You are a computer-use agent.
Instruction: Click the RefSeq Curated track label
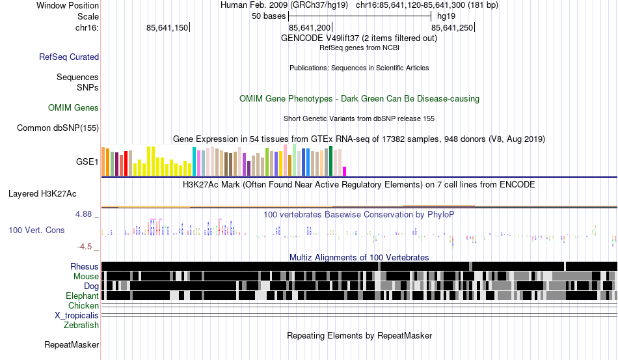(69, 57)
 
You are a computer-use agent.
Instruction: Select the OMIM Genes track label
(74, 108)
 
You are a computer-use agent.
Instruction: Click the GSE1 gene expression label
(88, 161)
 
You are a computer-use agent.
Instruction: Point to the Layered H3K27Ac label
(42, 194)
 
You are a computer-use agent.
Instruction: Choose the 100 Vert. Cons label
(36, 230)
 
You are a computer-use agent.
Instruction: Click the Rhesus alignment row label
(85, 267)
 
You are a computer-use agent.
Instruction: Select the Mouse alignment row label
(86, 277)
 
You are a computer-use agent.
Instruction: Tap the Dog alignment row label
(91, 286)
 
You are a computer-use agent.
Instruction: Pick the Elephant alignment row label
(82, 296)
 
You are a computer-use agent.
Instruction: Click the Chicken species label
(84, 306)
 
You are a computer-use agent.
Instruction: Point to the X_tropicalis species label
(77, 316)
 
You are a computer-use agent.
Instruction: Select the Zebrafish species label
(81, 325)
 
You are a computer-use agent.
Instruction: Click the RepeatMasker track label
(72, 344)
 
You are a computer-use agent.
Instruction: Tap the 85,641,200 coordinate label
(310, 28)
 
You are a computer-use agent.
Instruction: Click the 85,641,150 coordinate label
(167, 28)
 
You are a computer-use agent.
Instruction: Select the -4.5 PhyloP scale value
(86, 247)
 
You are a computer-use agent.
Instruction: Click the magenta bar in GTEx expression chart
(345, 171)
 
